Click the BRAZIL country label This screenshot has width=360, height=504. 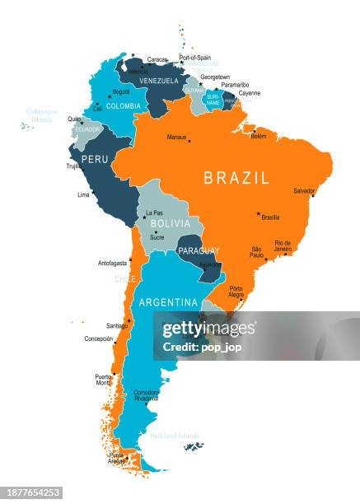236,178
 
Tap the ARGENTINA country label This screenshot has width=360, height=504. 168,302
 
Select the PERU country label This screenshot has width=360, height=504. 95,159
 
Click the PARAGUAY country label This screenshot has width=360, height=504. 199,250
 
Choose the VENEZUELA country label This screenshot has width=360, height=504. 158,81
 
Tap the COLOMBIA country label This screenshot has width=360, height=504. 124,106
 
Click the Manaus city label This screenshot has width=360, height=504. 177,138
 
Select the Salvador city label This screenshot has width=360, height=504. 304,191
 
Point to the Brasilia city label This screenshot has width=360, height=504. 270,217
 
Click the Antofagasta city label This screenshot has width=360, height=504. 113,264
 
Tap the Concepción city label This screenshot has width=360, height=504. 99,338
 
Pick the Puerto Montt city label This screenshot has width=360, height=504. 102,380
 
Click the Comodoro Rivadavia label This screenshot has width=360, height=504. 147,395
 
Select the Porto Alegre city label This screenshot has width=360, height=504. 236,292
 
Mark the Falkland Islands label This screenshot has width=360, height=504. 175,436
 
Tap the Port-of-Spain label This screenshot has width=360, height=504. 195,58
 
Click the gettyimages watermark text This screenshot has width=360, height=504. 208,329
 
